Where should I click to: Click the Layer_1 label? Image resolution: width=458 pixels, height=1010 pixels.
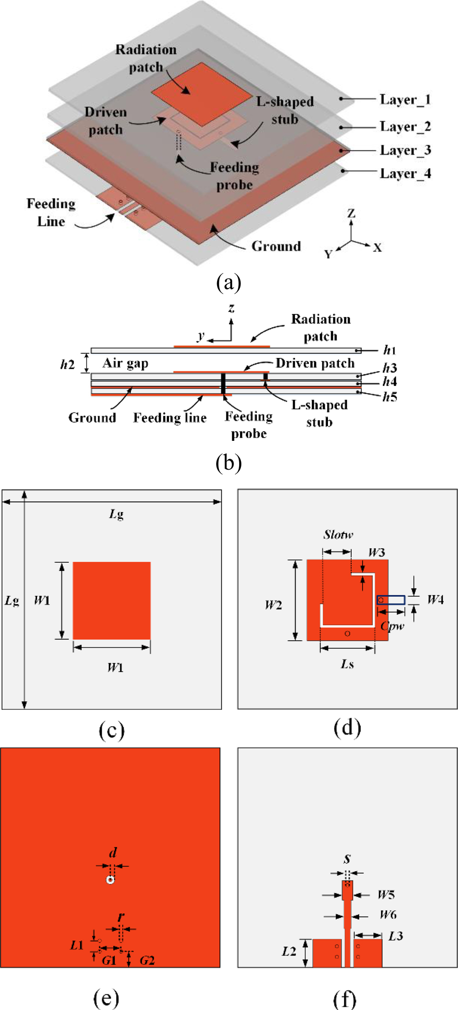point(405,99)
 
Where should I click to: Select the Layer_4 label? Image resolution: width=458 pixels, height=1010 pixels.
point(405,174)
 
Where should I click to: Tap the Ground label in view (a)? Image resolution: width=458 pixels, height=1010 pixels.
point(276,246)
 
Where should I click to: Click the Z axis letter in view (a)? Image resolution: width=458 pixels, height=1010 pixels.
point(351,214)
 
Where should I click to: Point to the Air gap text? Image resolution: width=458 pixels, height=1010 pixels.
point(125,363)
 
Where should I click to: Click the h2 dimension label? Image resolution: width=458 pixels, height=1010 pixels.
point(67,364)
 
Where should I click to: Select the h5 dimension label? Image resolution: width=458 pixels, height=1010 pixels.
point(390,397)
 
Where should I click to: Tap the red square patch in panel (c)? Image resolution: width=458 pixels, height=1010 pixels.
point(112,600)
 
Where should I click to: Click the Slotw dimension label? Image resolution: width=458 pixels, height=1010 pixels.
point(338,535)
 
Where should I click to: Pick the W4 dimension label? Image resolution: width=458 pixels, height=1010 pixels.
point(435,599)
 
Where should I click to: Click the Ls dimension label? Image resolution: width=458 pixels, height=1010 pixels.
point(347,664)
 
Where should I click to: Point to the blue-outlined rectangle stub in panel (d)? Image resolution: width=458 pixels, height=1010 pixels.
point(391,600)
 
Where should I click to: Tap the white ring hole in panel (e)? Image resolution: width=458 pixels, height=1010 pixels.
point(110,880)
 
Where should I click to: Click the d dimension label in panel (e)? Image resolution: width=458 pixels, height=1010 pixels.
point(113,853)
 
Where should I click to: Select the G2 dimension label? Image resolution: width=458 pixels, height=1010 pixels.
point(147,961)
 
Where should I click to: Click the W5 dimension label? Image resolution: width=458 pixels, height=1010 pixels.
point(386,895)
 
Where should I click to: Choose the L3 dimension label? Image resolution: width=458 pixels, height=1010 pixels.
point(396,936)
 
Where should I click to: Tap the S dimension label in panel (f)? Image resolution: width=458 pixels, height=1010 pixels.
point(347,859)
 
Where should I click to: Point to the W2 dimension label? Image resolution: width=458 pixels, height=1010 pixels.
point(273,605)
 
